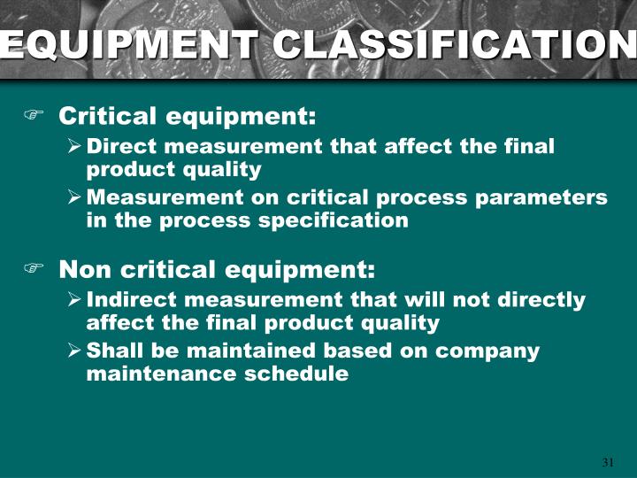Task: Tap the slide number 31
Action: [608, 462]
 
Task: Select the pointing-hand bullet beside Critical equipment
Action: [34, 117]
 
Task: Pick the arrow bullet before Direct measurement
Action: [75, 147]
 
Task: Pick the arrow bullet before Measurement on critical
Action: [75, 198]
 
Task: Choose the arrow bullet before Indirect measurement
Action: [75, 300]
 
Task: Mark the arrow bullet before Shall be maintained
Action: [75, 351]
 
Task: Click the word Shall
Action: [113, 351]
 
